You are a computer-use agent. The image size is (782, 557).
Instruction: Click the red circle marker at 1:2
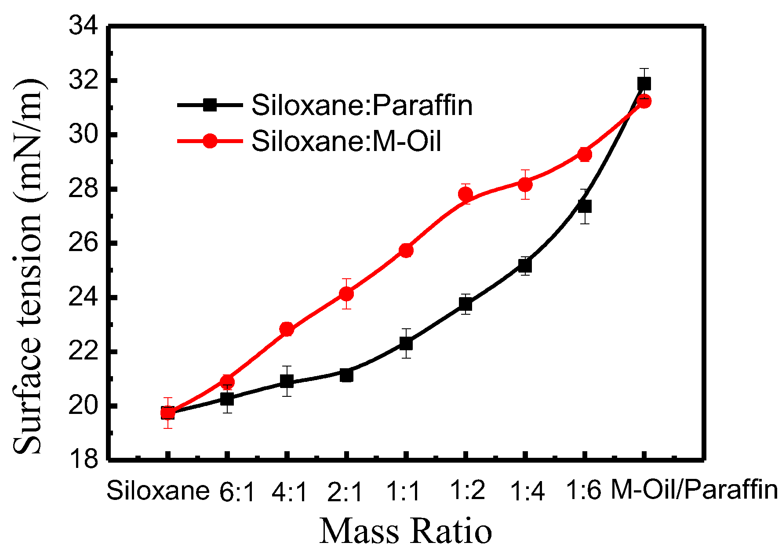click(466, 194)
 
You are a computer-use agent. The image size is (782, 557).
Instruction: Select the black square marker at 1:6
click(584, 206)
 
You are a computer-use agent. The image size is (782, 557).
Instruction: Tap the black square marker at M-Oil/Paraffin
click(644, 83)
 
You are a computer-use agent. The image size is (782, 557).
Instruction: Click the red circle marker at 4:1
click(287, 329)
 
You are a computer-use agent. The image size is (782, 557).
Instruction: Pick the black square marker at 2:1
click(346, 375)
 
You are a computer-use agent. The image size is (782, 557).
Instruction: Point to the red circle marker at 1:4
click(525, 184)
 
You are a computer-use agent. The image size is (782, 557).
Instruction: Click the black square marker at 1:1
click(406, 343)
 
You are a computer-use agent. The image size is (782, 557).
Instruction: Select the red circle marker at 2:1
click(346, 293)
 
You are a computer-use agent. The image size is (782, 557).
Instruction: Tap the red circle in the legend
click(210, 141)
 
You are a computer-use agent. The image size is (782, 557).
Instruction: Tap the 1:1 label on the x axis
click(404, 492)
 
